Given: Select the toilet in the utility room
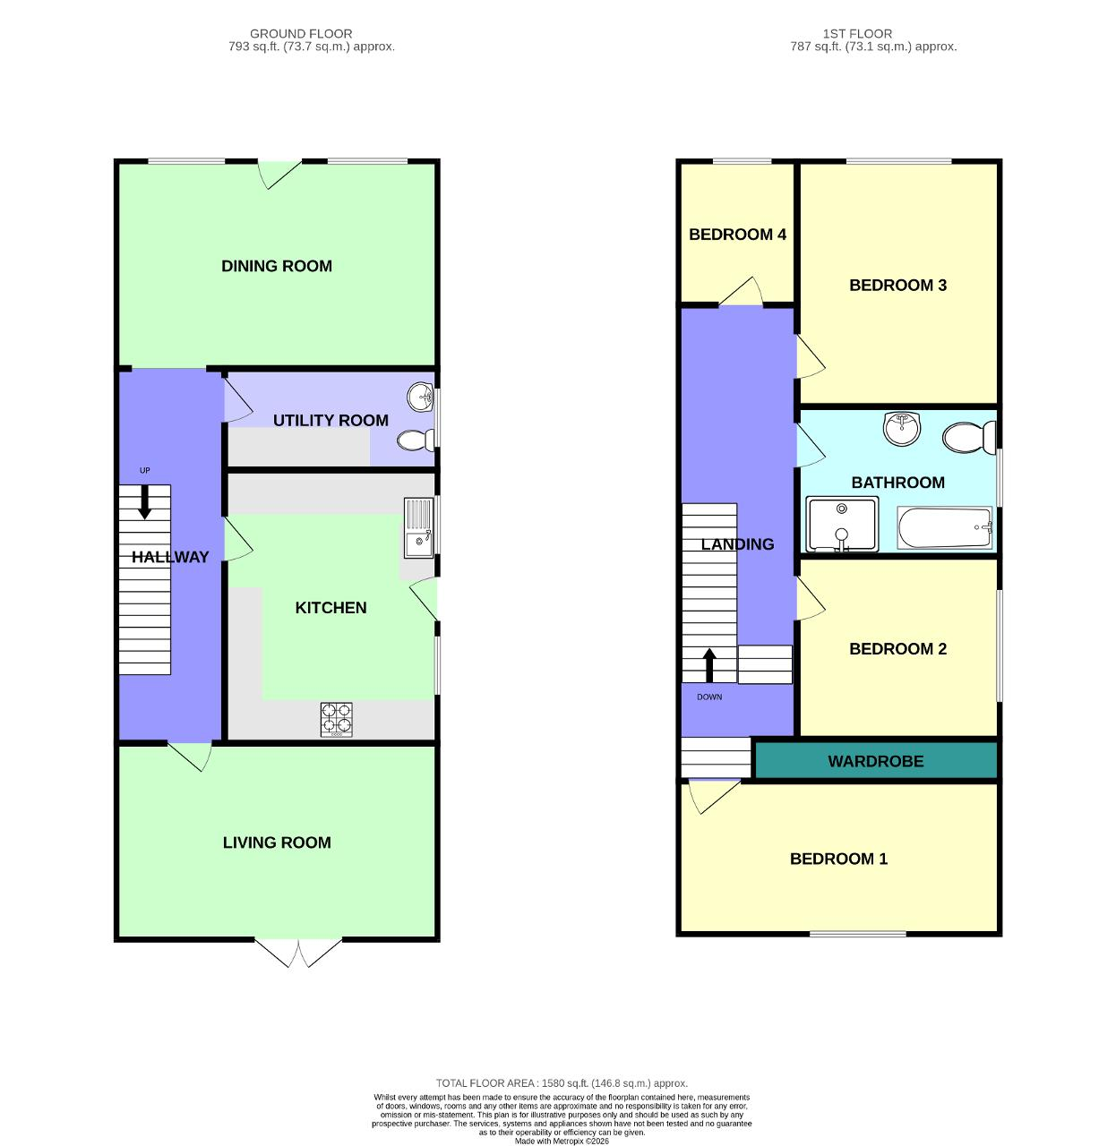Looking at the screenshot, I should pyautogui.click(x=416, y=440).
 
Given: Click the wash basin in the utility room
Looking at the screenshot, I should pyautogui.click(x=420, y=396).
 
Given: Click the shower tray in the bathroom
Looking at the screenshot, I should pyautogui.click(x=842, y=526).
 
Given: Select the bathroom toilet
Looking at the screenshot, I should pyautogui.click(x=968, y=438).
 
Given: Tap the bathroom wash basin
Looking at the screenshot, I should pyautogui.click(x=901, y=428).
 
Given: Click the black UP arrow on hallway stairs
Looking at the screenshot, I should pyautogui.click(x=144, y=503).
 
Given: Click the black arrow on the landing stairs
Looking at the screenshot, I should pyautogui.click(x=709, y=665).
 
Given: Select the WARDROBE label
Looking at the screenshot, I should pyautogui.click(x=875, y=762).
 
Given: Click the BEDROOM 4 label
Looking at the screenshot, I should pyautogui.click(x=737, y=235).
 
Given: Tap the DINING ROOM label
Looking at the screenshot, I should pyautogui.click(x=277, y=266).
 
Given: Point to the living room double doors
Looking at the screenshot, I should pyautogui.click(x=298, y=953).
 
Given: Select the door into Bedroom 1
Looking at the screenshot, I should pyautogui.click(x=713, y=795).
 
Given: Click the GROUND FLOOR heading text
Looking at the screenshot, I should pyautogui.click(x=301, y=34).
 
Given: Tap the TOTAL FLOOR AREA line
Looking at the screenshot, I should pyautogui.click(x=562, y=1083).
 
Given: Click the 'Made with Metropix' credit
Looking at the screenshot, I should pyautogui.click(x=562, y=1141).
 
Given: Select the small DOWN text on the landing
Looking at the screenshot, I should pyautogui.click(x=709, y=697).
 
